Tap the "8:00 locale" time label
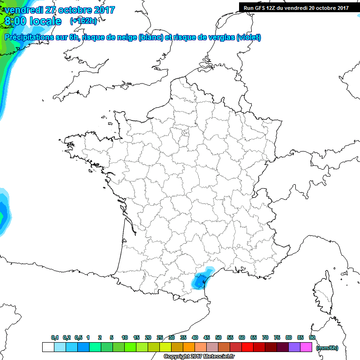click(33, 22)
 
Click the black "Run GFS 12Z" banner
click(295, 7)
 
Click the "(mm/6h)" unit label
click(327, 348)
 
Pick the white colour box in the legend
click(48, 347)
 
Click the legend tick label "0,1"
click(55, 338)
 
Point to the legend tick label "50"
click(218, 338)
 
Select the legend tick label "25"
click(160, 338)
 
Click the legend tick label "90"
click(312, 338)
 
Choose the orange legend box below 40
click(189, 347)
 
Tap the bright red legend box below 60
click(247, 347)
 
